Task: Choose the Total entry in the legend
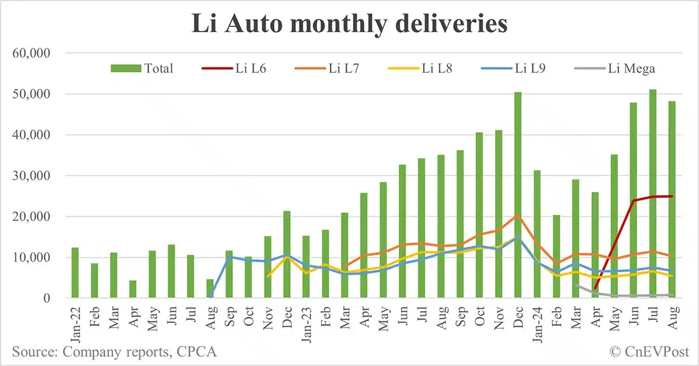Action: (x=143, y=68)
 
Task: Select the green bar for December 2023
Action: (x=518, y=195)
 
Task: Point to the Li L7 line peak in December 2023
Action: (x=518, y=215)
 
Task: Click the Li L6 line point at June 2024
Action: (x=634, y=200)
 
